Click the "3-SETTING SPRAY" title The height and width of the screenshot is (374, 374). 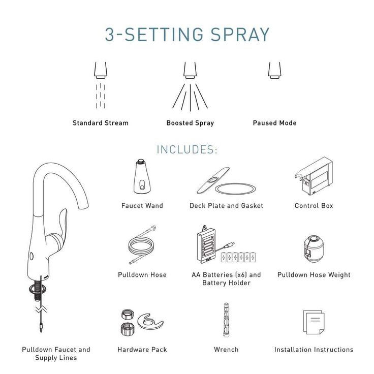(187, 35)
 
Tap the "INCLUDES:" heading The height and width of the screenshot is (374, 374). (187, 149)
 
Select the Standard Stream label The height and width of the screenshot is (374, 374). (101, 123)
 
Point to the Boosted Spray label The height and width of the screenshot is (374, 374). (190, 123)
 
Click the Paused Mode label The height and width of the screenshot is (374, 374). (275, 123)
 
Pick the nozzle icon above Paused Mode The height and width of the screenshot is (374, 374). (274, 70)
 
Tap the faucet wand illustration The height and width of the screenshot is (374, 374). (142, 176)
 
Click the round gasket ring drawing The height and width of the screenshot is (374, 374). (235, 189)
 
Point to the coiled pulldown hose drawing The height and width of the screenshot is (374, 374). (142, 245)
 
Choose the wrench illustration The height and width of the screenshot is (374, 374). (226, 320)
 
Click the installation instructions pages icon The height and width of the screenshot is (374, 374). (314, 322)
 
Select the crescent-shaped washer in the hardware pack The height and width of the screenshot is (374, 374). (150, 322)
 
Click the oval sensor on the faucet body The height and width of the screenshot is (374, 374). (31, 257)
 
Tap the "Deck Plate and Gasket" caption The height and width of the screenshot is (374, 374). (226, 206)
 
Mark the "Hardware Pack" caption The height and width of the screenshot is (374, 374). (142, 350)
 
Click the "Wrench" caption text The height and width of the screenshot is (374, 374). (226, 350)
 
